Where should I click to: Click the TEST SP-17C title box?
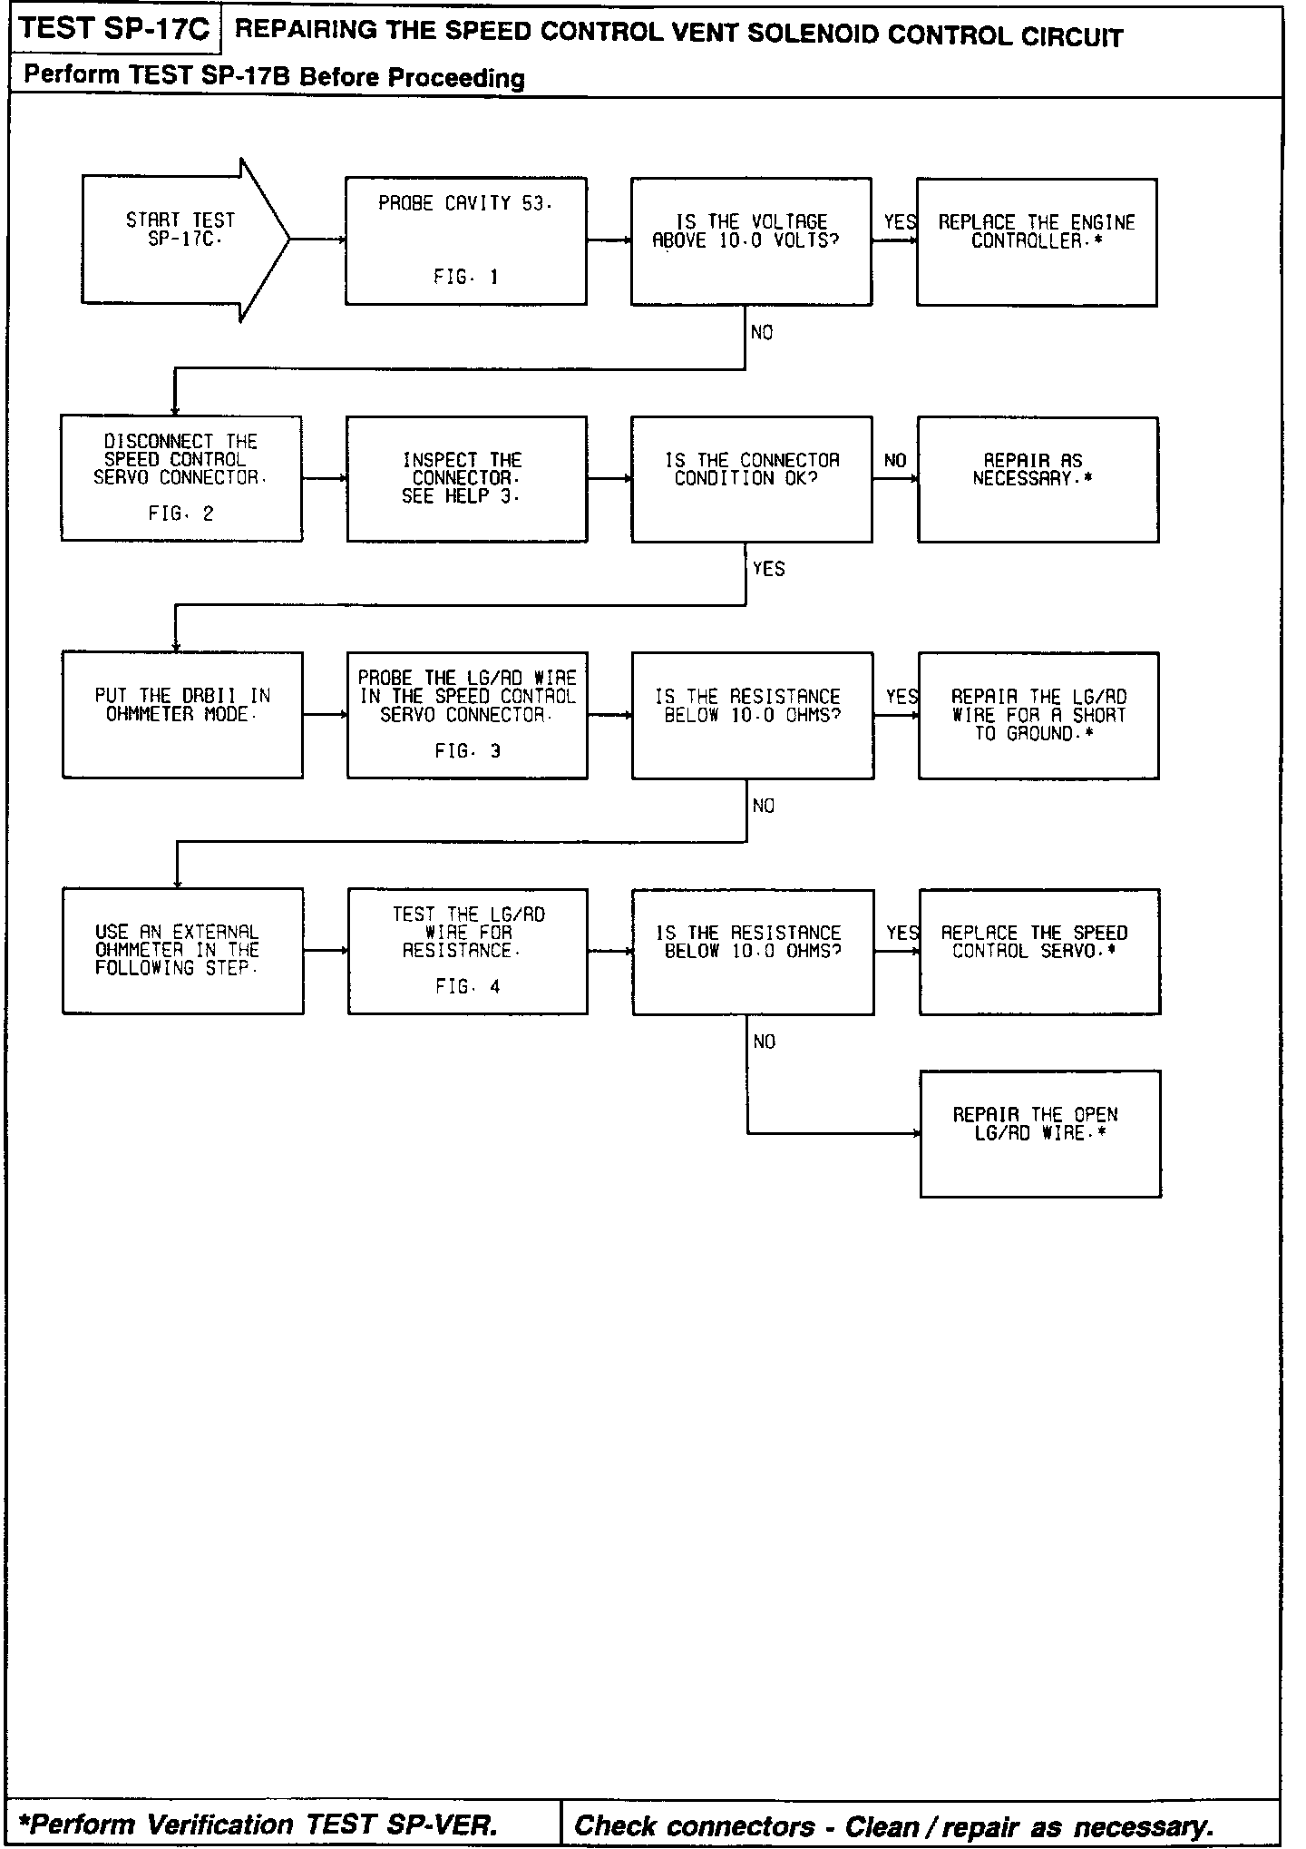coord(114,29)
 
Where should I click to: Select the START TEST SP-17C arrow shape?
coord(181,240)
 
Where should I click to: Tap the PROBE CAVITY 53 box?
coord(466,240)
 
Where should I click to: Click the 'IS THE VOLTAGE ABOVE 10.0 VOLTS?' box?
coord(751,240)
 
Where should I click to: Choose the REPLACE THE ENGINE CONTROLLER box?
coord(1037,241)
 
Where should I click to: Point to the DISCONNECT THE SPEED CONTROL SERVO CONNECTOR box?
coord(181,478)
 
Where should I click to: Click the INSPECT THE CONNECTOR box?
coord(466,478)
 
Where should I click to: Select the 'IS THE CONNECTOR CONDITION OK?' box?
coord(751,478)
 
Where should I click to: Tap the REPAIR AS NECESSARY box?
coord(1038,479)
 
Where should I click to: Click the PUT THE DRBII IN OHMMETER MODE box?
coord(182,714)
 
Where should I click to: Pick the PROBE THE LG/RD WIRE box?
coord(467,714)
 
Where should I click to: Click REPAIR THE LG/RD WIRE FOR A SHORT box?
coord(1038,715)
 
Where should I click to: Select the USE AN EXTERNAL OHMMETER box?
coord(182,950)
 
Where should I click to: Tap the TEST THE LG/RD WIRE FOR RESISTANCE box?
coord(467,951)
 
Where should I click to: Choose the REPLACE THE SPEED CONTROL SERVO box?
coord(1039,951)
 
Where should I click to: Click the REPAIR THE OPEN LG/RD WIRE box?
coord(1040,1133)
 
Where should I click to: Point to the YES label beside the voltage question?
coord(900,222)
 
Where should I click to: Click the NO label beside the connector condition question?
coord(895,461)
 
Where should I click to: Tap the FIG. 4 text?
coord(467,986)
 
